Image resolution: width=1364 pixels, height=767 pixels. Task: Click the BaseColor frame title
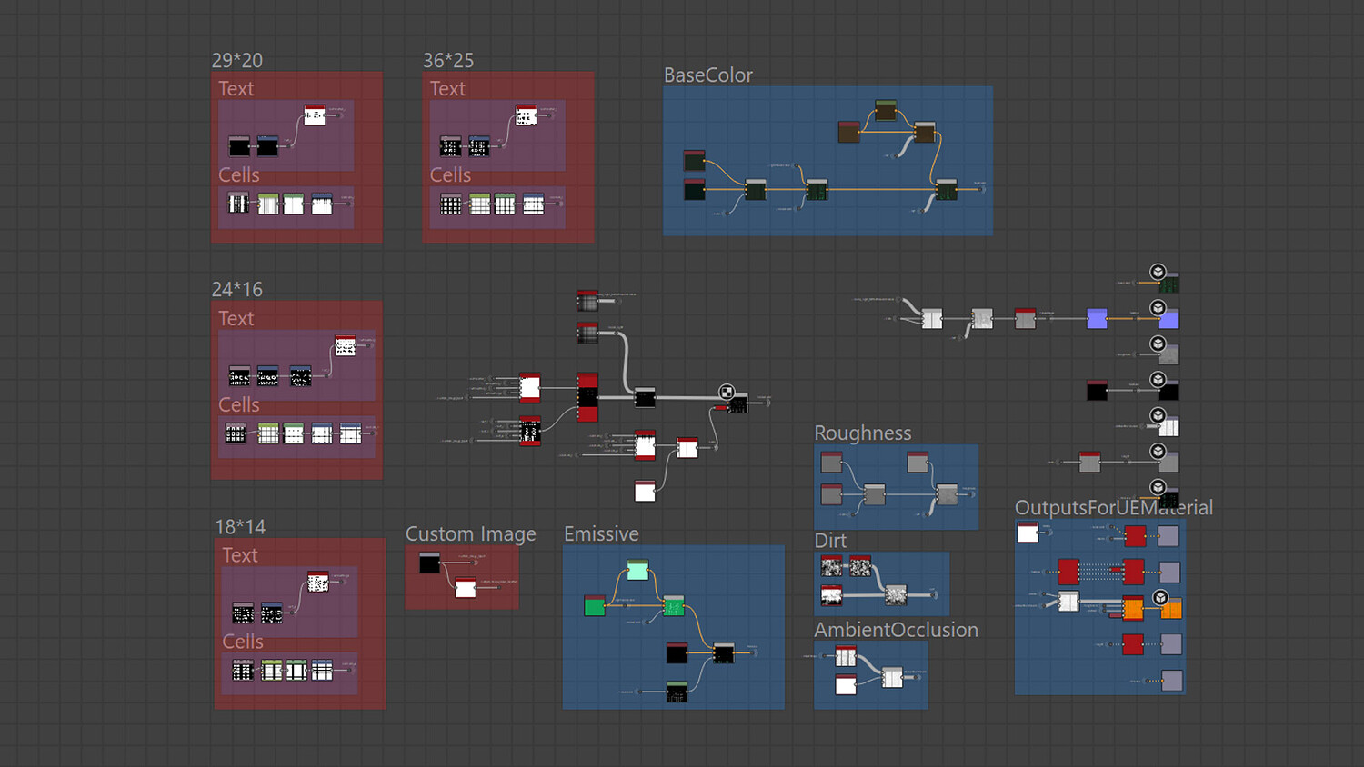click(x=707, y=75)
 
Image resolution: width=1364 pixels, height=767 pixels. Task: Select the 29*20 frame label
click(x=236, y=61)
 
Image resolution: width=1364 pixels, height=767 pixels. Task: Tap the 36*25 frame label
click(x=447, y=61)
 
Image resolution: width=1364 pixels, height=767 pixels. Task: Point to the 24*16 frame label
click(x=236, y=290)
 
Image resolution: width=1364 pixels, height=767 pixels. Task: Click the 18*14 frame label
click(x=240, y=527)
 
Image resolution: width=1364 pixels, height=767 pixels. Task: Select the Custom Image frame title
click(x=470, y=534)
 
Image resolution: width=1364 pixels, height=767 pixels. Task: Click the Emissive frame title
click(x=601, y=534)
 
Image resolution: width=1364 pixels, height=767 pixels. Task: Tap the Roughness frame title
click(x=862, y=433)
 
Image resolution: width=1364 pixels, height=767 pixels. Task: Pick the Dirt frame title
click(x=830, y=541)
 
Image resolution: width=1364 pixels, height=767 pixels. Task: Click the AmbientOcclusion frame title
click(x=896, y=630)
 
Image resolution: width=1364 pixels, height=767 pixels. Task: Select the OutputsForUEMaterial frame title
click(x=1113, y=508)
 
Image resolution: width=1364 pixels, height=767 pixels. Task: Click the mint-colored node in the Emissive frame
click(x=637, y=570)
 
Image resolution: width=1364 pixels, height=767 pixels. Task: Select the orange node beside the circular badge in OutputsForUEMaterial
click(x=1171, y=609)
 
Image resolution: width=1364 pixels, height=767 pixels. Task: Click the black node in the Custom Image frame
click(x=429, y=563)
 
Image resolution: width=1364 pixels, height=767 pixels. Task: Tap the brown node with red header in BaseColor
click(x=848, y=133)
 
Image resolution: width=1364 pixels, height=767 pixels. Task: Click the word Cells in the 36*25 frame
click(x=450, y=175)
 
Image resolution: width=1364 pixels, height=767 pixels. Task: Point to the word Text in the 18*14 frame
click(x=240, y=555)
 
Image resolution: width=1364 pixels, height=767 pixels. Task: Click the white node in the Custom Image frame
click(x=466, y=588)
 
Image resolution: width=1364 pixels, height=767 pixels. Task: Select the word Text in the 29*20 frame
click(x=236, y=89)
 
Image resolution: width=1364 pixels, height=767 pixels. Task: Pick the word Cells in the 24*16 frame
click(x=238, y=405)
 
